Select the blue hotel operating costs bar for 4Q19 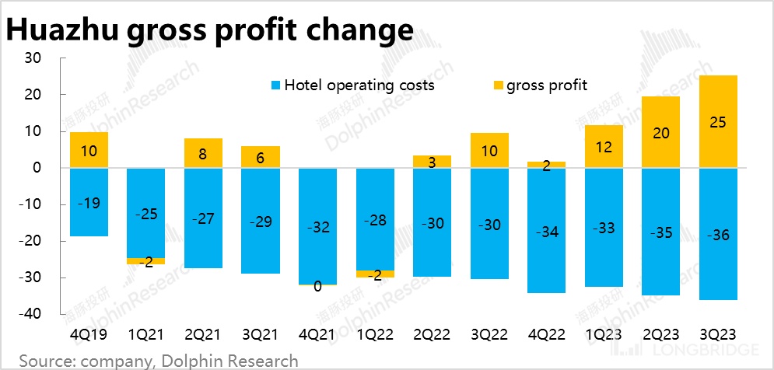(x=89, y=202)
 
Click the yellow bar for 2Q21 (x=203, y=153)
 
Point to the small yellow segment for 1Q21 (x=145, y=261)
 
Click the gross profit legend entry (x=541, y=85)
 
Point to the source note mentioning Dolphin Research (x=159, y=360)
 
